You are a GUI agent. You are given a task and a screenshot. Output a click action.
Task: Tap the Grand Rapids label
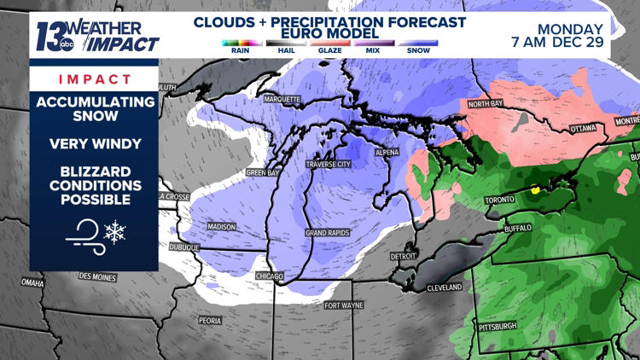coord(326,232)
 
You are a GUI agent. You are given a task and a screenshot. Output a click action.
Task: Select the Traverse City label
coord(328,163)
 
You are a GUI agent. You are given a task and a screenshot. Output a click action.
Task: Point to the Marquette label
coord(282,99)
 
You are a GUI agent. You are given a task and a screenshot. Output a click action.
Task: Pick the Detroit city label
coord(404,256)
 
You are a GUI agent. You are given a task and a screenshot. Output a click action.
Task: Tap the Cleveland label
coord(444,287)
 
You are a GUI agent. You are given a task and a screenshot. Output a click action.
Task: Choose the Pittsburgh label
coord(497,326)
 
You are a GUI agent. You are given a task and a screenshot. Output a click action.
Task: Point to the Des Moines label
coord(97,276)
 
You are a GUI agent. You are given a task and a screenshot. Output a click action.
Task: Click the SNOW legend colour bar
coord(418,43)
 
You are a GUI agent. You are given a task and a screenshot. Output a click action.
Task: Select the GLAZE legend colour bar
coord(329,43)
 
